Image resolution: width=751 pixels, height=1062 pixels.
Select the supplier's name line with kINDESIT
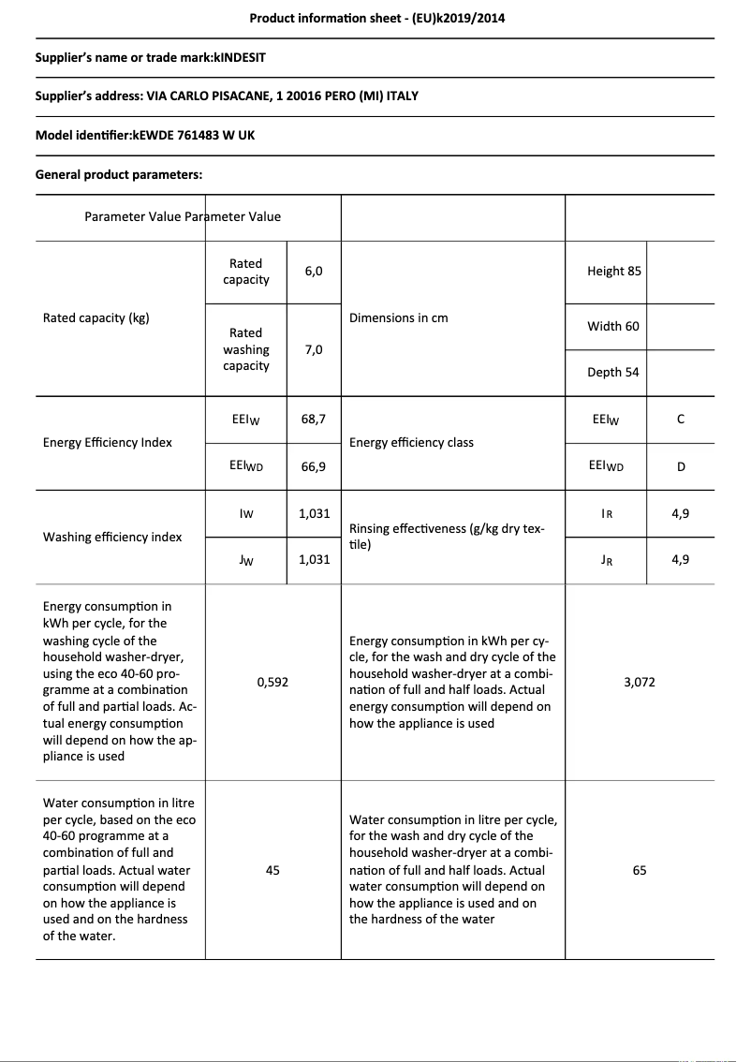pos(151,57)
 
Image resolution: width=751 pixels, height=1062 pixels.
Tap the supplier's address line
pos(227,96)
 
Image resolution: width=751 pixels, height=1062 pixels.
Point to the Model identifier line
pos(145,135)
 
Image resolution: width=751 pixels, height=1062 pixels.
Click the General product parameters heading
pos(119,174)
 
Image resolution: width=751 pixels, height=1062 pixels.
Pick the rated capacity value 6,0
pos(314,271)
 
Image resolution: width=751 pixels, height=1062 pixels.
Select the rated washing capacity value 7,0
pos(314,349)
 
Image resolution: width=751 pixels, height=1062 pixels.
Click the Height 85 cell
pos(614,271)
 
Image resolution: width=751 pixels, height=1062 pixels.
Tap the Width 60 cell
pos(613,326)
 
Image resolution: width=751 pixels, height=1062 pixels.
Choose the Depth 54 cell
pos(613,372)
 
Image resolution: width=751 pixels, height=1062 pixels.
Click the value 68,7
pos(314,419)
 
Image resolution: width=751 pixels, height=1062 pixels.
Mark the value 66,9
pos(314,465)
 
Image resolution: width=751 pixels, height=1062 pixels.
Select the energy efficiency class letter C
pos(680,419)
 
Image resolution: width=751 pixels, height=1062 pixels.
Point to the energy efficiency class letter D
pos(680,465)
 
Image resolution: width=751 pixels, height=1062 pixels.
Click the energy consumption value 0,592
pos(272,682)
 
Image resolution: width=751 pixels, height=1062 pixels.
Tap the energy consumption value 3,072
pos(640,682)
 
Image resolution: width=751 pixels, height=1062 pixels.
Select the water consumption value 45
pos(272,870)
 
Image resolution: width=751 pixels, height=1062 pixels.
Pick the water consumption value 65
pos(640,870)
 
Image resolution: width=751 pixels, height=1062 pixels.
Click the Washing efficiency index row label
pos(112,537)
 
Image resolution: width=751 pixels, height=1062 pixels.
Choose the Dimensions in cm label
pos(399,317)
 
